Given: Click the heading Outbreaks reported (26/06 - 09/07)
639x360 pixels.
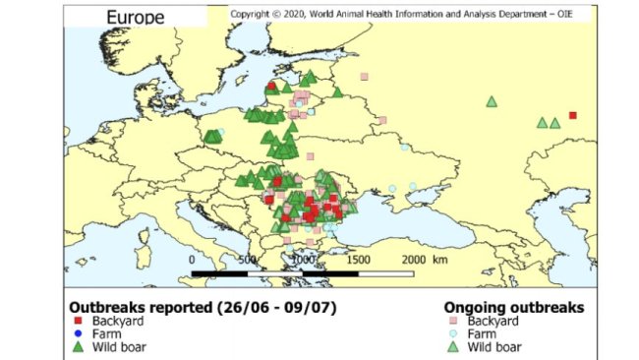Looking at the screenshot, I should [202, 307].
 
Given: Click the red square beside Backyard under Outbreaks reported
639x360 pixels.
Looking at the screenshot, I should [76, 322].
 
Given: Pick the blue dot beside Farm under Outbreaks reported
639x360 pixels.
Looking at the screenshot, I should [76, 334].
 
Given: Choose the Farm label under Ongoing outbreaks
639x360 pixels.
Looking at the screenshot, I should [484, 334].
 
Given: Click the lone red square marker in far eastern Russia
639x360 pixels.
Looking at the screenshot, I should [573, 115].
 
